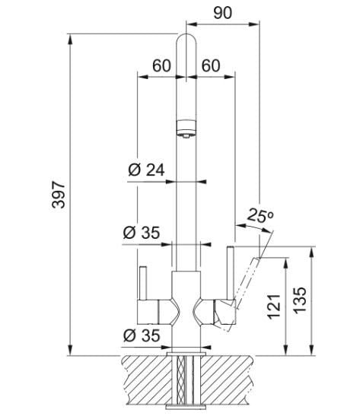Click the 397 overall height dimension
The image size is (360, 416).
(x=59, y=195)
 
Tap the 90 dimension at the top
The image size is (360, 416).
(x=222, y=13)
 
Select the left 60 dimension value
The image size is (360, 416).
(x=161, y=65)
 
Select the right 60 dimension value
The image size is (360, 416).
(x=211, y=65)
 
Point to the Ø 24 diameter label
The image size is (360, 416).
(x=146, y=170)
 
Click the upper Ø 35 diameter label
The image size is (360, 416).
(x=142, y=233)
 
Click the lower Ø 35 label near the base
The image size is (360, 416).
(x=142, y=335)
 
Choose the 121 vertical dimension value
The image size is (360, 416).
(x=274, y=306)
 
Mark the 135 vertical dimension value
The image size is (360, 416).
(x=300, y=300)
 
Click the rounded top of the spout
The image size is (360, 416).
(x=186, y=40)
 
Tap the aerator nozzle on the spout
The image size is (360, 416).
(x=186, y=129)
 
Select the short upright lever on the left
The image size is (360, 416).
(x=143, y=283)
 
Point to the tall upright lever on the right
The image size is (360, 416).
(x=230, y=273)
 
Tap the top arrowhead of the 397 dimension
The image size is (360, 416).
(x=70, y=40)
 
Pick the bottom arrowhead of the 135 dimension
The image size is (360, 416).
(x=312, y=350)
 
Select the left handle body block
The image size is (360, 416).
(x=148, y=312)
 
